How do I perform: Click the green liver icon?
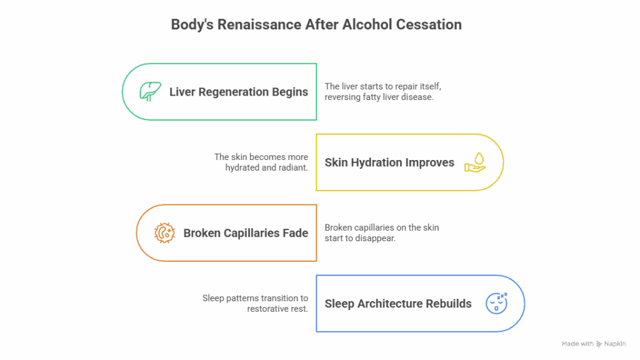tap(149, 92)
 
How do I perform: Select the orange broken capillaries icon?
tap(164, 233)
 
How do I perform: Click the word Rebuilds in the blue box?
tap(449, 304)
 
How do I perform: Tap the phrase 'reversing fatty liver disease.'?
tap(379, 97)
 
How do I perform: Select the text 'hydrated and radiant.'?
tap(267, 168)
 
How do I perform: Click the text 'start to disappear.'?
tap(360, 239)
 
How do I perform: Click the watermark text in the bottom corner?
tap(593, 344)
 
